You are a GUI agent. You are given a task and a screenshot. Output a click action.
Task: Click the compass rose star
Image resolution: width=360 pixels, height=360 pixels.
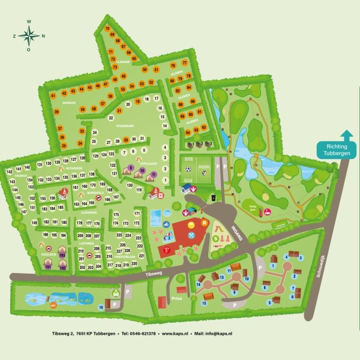point(29,36)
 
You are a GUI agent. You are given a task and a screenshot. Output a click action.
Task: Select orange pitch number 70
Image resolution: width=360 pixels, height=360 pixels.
point(107,29)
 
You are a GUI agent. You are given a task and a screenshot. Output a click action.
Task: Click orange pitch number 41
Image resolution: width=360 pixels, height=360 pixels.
point(53,95)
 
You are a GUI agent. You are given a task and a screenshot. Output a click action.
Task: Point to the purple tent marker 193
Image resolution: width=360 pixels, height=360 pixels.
point(62,256)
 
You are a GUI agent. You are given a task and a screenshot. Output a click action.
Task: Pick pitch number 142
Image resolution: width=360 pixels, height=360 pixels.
point(9,172)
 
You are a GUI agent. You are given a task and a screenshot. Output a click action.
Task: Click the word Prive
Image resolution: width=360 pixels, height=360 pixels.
point(176,297)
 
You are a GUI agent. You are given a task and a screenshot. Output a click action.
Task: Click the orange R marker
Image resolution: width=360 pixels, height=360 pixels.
point(204,223)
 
